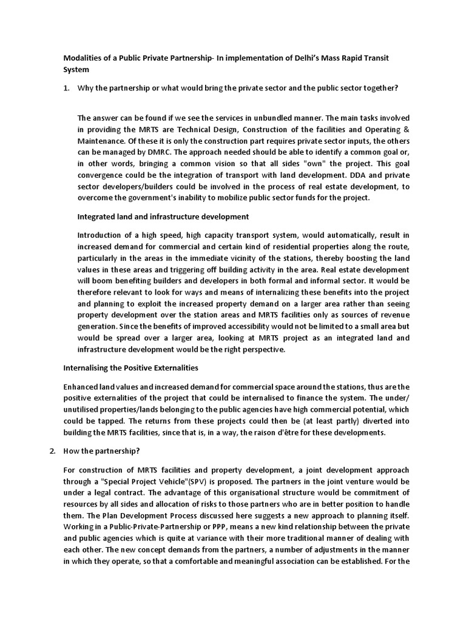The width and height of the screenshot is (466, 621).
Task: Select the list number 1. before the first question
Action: click(67, 88)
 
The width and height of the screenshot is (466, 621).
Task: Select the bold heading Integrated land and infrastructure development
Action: click(163, 217)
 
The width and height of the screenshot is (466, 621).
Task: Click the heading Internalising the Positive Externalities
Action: click(131, 368)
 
